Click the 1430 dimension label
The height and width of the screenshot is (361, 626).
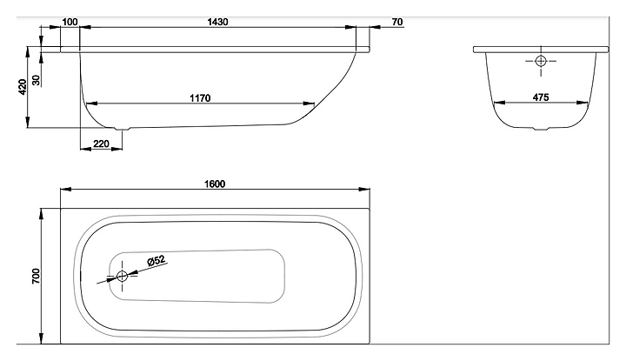click(x=217, y=22)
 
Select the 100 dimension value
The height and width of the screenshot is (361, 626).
click(x=70, y=22)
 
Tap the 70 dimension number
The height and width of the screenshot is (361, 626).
click(x=397, y=22)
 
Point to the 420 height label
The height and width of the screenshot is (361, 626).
click(x=23, y=87)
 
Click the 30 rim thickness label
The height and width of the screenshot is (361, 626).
click(x=37, y=80)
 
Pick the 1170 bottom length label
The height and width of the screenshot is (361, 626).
click(x=200, y=97)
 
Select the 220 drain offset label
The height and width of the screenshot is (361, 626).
click(x=101, y=144)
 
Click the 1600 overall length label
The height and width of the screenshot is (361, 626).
click(x=215, y=184)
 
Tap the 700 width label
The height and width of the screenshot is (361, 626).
click(x=36, y=277)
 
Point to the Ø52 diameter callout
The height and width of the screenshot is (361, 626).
click(x=156, y=260)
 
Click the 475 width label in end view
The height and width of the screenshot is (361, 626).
click(x=541, y=97)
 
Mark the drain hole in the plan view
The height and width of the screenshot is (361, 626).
click(x=122, y=276)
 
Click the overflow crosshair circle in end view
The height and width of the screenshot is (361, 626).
click(x=541, y=61)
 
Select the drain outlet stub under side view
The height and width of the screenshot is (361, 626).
click(x=123, y=129)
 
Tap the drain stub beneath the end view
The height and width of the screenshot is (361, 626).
click(x=542, y=129)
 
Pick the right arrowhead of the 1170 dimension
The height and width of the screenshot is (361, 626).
click(x=309, y=104)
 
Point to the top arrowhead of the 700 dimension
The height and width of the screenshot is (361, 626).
click(x=41, y=214)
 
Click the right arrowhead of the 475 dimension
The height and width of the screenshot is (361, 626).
click(x=583, y=103)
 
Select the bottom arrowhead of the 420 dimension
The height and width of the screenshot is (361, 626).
click(x=28, y=122)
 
